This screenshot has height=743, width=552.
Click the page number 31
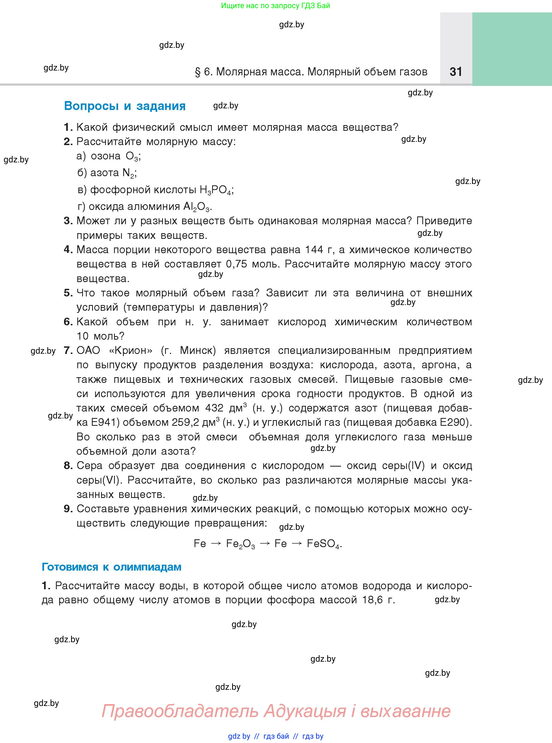point(456,72)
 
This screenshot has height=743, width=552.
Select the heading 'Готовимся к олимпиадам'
point(111,567)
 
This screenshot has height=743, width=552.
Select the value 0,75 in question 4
point(237,264)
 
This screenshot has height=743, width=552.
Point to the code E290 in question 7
point(454,422)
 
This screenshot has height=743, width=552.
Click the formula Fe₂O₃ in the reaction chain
point(240,544)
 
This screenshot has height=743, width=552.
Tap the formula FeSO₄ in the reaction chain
point(323,544)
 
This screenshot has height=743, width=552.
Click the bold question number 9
point(68,509)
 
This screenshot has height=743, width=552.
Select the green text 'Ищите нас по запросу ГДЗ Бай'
point(275,6)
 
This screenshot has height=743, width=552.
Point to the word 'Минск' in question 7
point(198,350)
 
